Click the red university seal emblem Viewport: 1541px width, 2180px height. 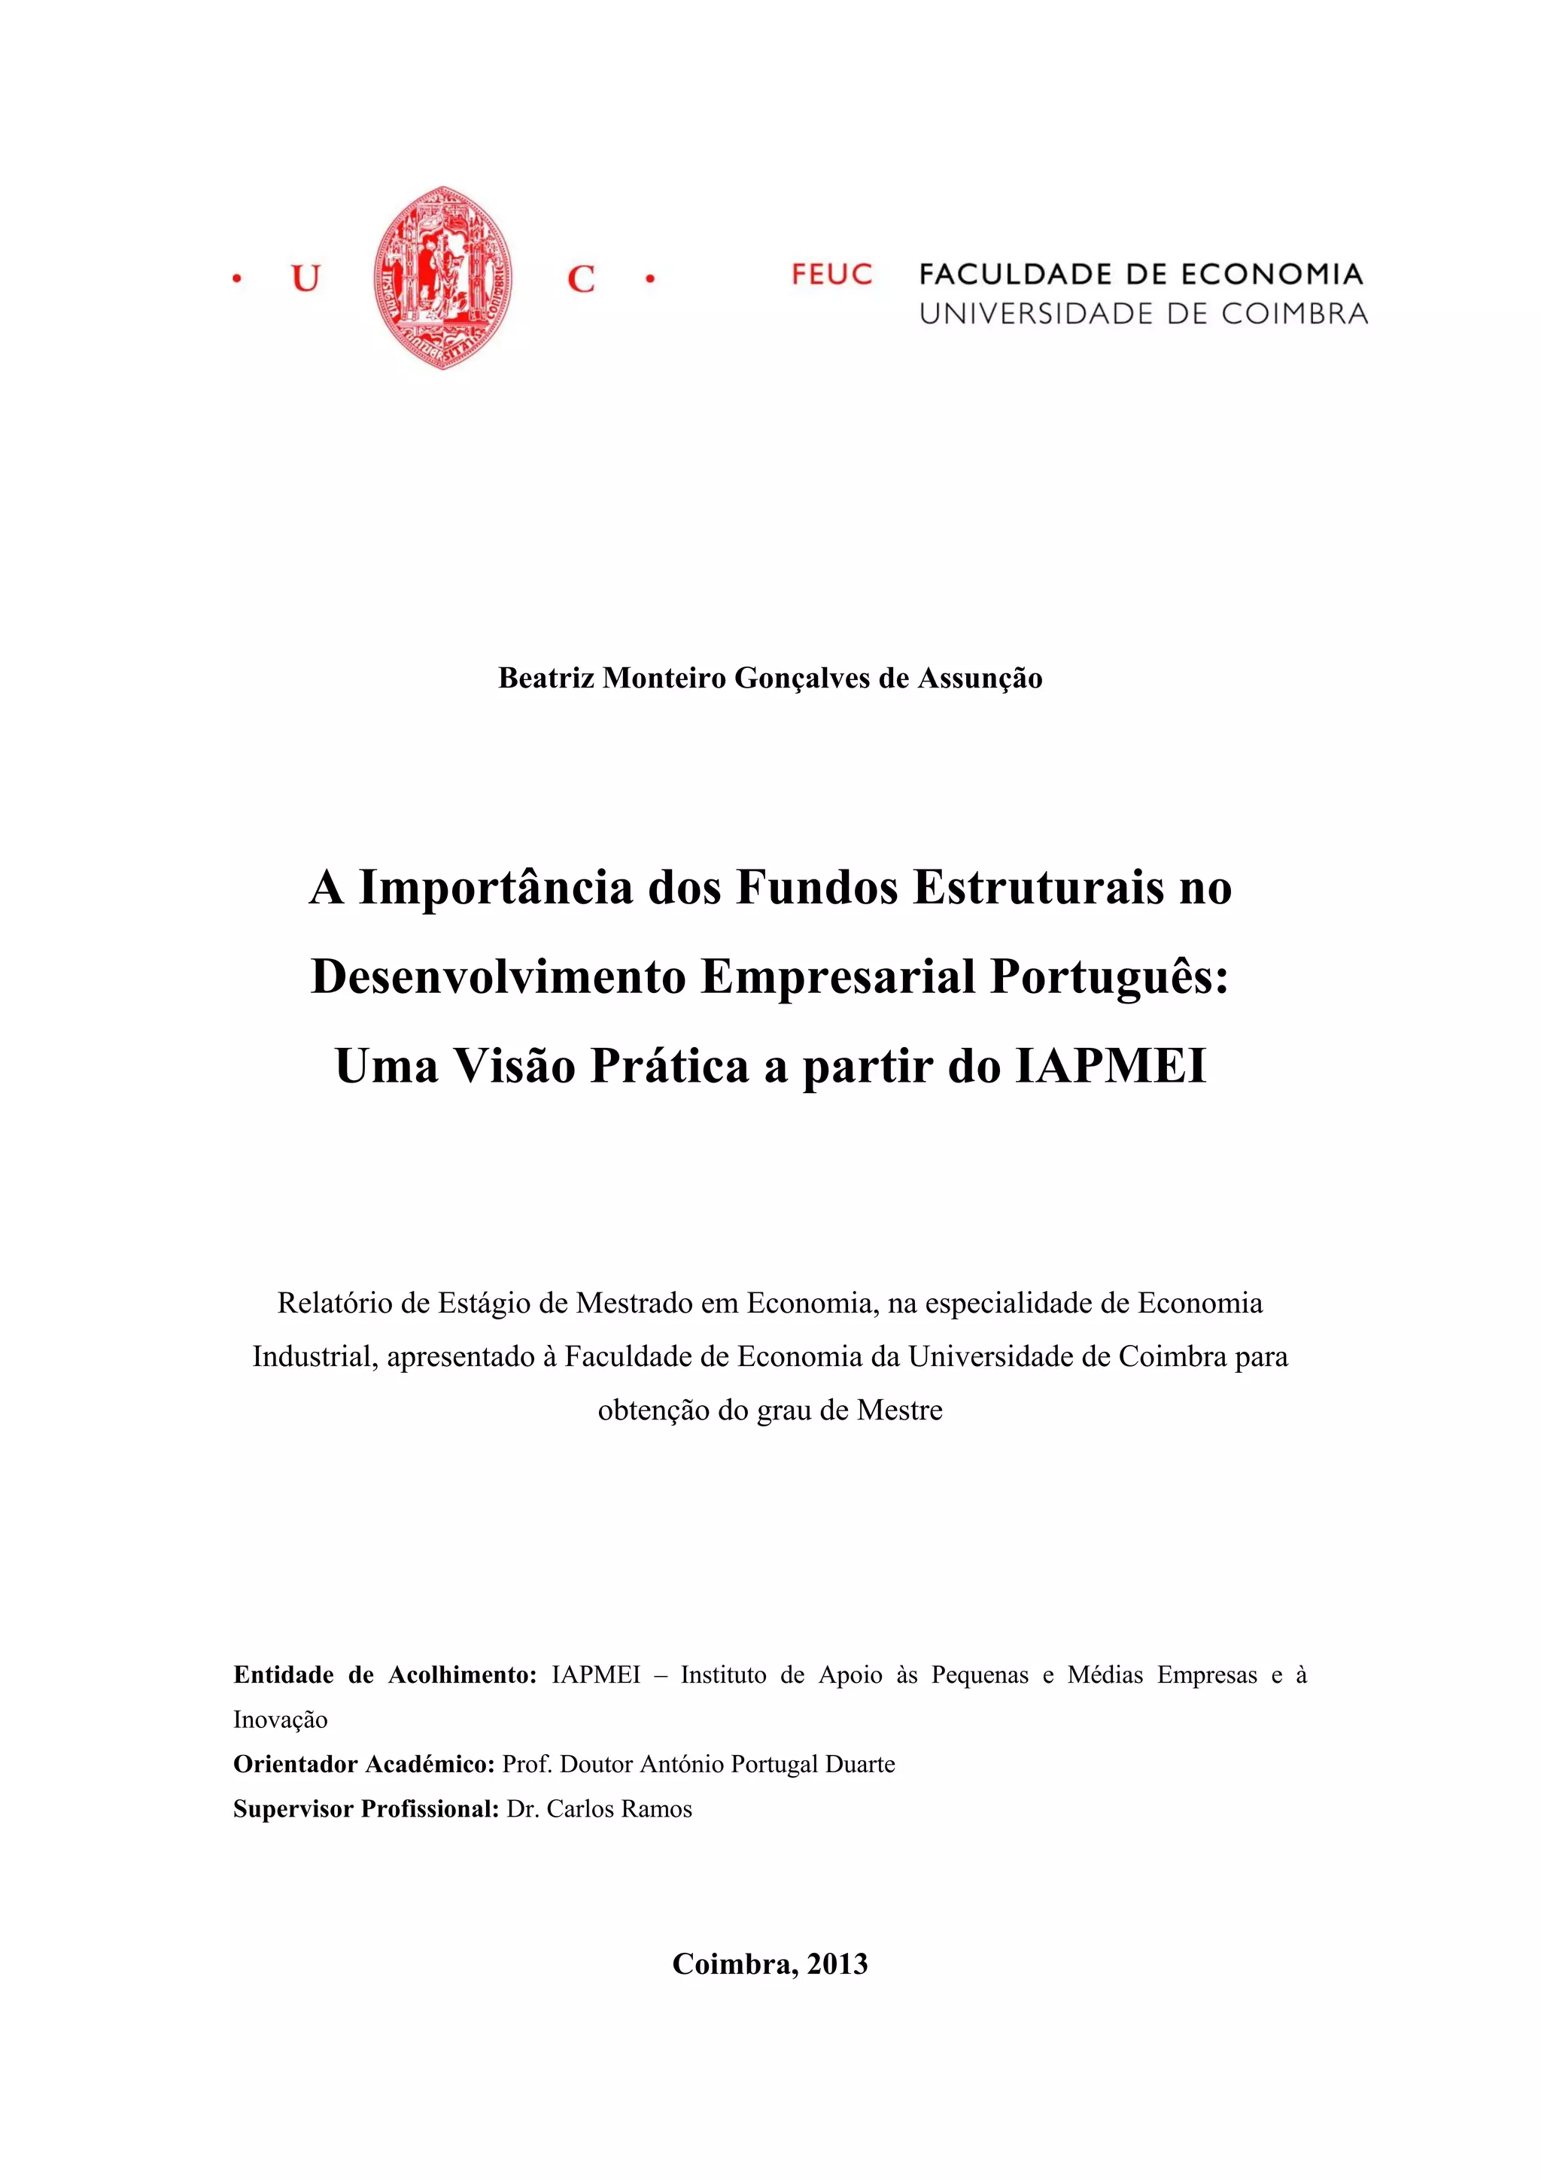tap(442, 278)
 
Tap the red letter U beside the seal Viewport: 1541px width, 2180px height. tap(305, 279)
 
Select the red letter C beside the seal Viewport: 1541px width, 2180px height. tap(580, 279)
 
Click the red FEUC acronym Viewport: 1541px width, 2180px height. tap(831, 275)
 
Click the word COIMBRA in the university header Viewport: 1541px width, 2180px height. tap(1294, 314)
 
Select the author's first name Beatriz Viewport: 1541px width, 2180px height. tap(546, 678)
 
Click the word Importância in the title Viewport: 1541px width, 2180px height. tap(496, 888)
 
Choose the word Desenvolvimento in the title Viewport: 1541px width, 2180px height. tap(498, 977)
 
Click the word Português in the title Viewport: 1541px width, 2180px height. tap(1109, 977)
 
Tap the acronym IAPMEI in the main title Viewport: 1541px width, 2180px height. tap(1111, 1065)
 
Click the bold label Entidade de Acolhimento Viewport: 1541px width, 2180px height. tap(385, 1675)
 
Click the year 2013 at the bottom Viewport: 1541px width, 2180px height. tap(837, 1963)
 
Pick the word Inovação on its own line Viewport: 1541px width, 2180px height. tap(280, 1720)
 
